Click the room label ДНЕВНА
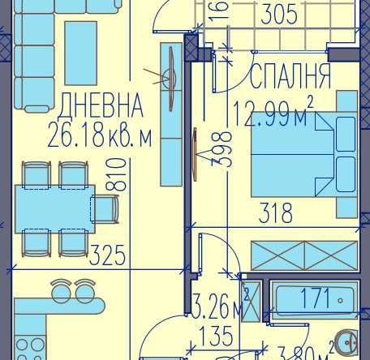[x=101, y=106]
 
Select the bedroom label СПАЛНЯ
[x=290, y=77]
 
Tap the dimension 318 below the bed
[x=275, y=212]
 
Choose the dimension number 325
[x=107, y=257]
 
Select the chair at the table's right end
[x=106, y=208]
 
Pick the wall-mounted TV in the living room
[x=172, y=79]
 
